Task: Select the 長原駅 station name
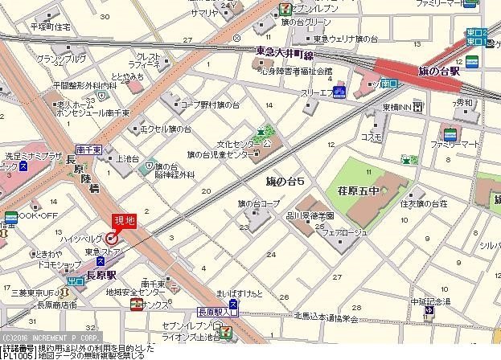[x=103, y=273]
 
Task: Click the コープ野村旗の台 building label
[x=209, y=104]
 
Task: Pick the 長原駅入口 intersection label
[x=217, y=311]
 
